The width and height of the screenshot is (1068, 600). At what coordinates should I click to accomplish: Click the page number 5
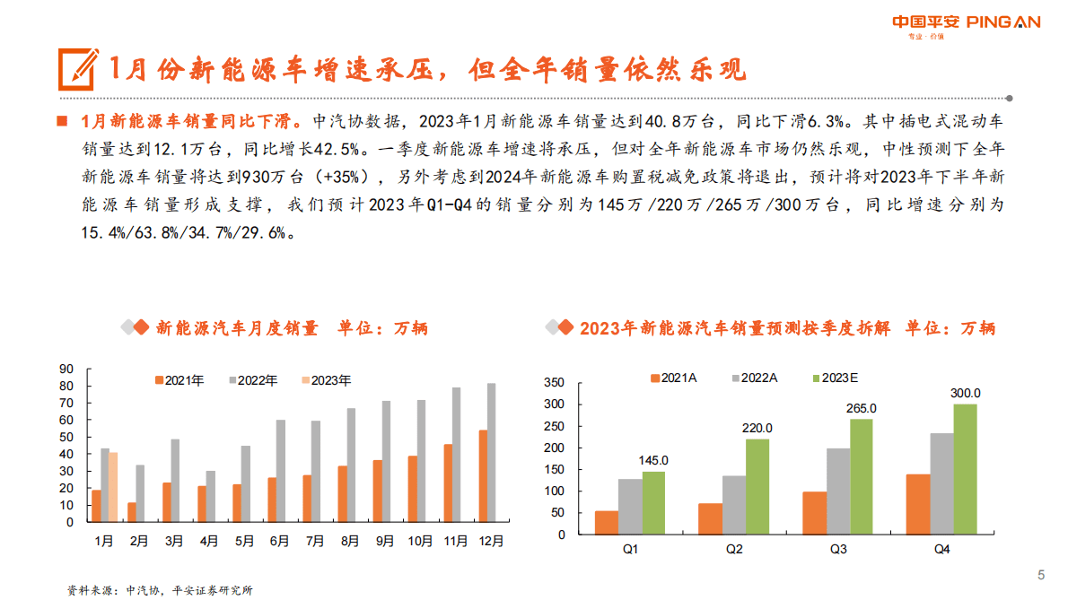(x=1041, y=575)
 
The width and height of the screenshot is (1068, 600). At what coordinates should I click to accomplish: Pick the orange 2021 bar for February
(x=132, y=512)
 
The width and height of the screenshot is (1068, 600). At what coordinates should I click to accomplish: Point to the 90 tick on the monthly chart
(x=66, y=368)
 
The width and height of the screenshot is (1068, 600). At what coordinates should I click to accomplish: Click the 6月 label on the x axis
(x=279, y=541)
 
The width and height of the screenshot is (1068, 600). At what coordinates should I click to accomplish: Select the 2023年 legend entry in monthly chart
(x=325, y=380)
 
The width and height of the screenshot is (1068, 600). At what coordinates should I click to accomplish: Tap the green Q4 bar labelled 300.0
(x=965, y=469)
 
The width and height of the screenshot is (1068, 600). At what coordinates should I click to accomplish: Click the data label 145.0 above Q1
(x=653, y=461)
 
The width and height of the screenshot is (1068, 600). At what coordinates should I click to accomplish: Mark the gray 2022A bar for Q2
(x=734, y=505)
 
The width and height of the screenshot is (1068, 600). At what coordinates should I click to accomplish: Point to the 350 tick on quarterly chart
(x=554, y=383)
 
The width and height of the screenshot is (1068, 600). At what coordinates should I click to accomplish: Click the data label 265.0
(x=862, y=408)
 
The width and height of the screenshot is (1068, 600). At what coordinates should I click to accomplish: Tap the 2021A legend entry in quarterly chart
(x=673, y=378)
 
